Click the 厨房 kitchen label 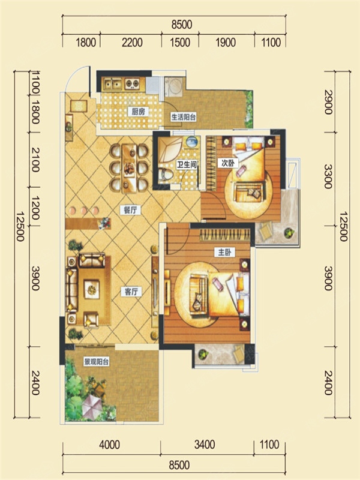pos(138,112)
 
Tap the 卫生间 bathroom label pos(186,164)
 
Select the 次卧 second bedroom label pos(228,163)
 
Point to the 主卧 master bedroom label pos(224,252)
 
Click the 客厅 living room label pos(131,292)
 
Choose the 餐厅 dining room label pos(130,210)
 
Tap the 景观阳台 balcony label pos(97,362)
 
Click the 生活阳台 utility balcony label pos(184,117)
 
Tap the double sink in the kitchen pos(112,83)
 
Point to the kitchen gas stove pos(132,83)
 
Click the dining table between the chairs pos(129,168)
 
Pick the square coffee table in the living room pos(92,289)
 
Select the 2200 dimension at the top pos(132,42)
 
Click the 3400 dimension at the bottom pos(205,445)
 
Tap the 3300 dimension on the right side pos(328,176)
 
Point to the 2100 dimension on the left pos(35,160)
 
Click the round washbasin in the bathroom pos(192,142)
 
